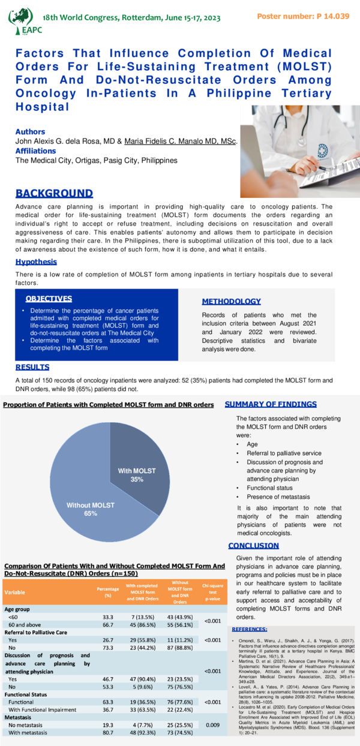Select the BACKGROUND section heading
click(54, 193)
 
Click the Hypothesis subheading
click(36, 261)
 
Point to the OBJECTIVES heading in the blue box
click(49, 299)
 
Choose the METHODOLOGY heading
click(231, 302)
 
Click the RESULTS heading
click(32, 367)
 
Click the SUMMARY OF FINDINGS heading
click(271, 404)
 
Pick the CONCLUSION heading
click(253, 546)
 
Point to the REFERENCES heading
click(250, 629)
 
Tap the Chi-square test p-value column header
click(213, 592)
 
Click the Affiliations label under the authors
click(35, 151)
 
